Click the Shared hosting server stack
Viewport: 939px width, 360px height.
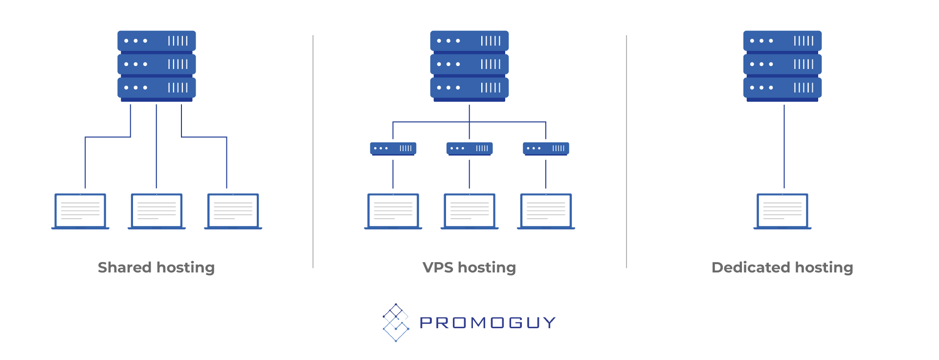156,66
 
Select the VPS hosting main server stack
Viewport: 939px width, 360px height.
469,66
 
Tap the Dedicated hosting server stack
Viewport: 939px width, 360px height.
782,66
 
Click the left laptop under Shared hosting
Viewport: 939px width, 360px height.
80,211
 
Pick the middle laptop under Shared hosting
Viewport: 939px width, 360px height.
156,211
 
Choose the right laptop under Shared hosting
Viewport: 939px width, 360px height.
233,211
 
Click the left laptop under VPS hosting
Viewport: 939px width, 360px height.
393,211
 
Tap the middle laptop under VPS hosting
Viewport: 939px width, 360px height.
469,211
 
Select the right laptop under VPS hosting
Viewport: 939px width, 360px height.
546,211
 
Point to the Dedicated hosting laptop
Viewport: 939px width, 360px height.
782,211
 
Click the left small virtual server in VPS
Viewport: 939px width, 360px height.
393,149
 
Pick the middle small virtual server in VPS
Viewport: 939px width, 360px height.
469,149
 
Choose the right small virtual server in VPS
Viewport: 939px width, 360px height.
546,149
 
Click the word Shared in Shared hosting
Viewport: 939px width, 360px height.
125,267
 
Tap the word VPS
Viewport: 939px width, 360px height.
438,267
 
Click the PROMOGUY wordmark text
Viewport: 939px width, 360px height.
488,323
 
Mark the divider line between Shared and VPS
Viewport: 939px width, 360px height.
313,152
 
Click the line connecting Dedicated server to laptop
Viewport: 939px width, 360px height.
784,146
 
